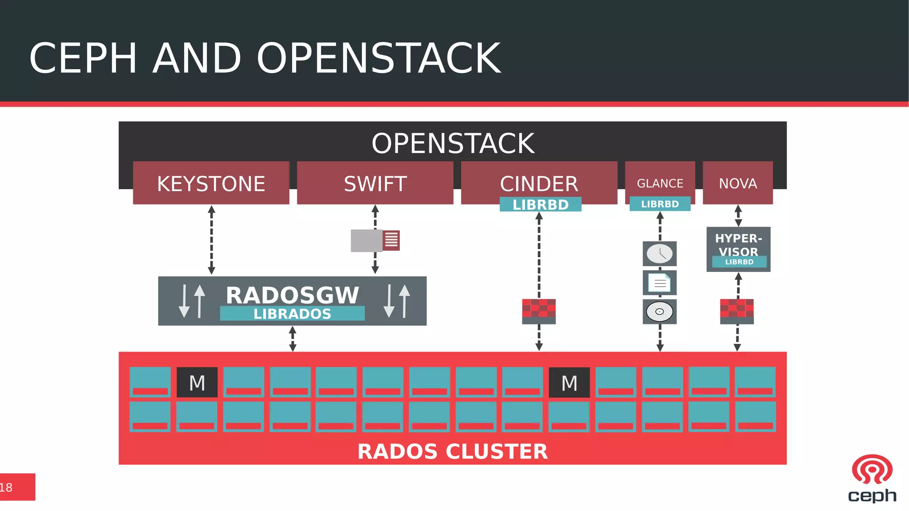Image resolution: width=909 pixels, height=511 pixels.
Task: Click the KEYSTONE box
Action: pyautogui.click(x=211, y=183)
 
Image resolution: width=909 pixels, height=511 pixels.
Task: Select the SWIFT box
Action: pyautogui.click(x=375, y=183)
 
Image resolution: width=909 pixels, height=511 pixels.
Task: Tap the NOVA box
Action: pyautogui.click(x=738, y=183)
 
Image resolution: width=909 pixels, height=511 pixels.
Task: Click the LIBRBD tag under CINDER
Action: pyautogui.click(x=540, y=204)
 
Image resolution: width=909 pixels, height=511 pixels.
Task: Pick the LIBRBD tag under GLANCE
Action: pyautogui.click(x=660, y=204)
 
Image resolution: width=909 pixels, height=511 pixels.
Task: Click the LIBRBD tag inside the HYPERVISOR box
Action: pyautogui.click(x=739, y=262)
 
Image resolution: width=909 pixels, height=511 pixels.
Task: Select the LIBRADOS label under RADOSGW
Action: pyautogui.click(x=292, y=314)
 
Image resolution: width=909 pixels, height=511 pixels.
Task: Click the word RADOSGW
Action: pyautogui.click(x=292, y=295)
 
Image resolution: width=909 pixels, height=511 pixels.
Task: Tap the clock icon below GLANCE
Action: pyautogui.click(x=660, y=254)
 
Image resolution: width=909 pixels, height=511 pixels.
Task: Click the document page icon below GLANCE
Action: pyautogui.click(x=660, y=283)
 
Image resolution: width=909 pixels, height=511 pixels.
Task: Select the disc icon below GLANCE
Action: pyautogui.click(x=660, y=311)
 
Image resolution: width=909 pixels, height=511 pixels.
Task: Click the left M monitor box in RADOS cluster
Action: pyautogui.click(x=197, y=382)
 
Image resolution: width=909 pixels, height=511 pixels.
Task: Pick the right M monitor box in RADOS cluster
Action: pyautogui.click(x=569, y=382)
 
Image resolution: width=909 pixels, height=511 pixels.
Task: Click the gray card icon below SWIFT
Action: pyautogui.click(x=375, y=240)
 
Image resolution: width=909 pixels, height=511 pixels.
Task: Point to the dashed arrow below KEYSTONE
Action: pyautogui.click(x=211, y=240)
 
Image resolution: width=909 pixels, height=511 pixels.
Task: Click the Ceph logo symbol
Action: pyautogui.click(x=872, y=469)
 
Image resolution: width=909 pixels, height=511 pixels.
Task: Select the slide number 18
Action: pyautogui.click(x=6, y=487)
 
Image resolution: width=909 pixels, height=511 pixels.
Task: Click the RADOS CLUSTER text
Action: pyautogui.click(x=452, y=451)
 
